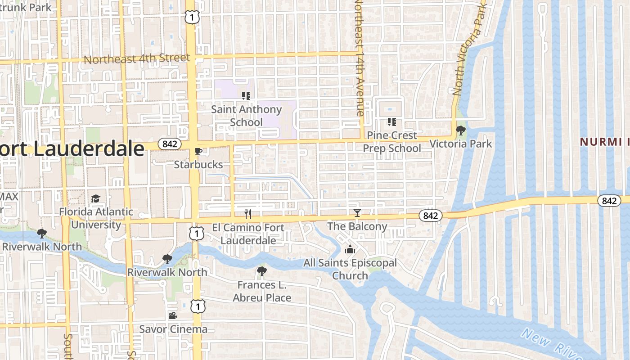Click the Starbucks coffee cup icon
[198, 151]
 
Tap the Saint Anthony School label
[246, 116]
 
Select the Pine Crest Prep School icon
[391, 122]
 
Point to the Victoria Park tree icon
[460, 130]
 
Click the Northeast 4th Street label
[137, 59]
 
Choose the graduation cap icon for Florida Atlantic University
[95, 199]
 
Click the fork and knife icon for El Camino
[247, 214]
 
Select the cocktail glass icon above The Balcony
[357, 213]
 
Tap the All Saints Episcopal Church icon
[350, 250]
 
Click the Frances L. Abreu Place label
[262, 291]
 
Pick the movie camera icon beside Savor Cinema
[173, 315]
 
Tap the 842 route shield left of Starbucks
[169, 144]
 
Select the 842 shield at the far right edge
[609, 201]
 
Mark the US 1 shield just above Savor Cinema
[197, 306]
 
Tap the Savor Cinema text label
[173, 329]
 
